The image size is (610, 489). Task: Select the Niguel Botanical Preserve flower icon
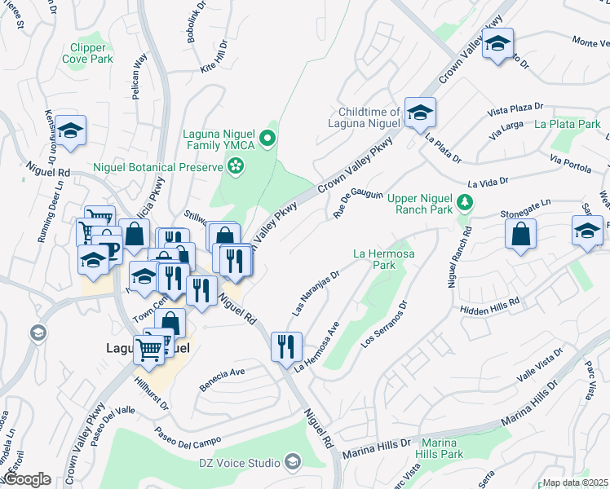click(x=236, y=167)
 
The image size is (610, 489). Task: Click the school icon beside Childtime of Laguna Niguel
click(x=421, y=112)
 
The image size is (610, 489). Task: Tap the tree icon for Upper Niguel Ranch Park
click(x=464, y=201)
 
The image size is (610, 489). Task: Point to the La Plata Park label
click(x=568, y=125)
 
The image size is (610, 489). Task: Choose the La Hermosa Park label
click(x=385, y=259)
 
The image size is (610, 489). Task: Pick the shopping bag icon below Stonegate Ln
click(x=520, y=234)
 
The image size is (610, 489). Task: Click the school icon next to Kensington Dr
click(x=71, y=130)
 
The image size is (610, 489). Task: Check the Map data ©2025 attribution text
click(x=575, y=482)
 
